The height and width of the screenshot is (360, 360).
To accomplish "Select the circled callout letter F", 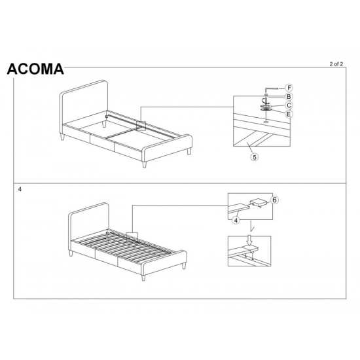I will [x=290, y=88].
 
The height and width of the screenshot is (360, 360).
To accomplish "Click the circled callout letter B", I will [x=289, y=96].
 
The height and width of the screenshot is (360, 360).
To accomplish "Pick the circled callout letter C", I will [x=289, y=105].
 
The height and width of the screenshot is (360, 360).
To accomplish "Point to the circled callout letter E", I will [x=289, y=113].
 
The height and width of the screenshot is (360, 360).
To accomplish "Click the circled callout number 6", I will [x=275, y=200].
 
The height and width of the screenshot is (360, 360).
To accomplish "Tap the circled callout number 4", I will [x=235, y=220].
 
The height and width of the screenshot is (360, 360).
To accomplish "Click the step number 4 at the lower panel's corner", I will [x=21, y=189].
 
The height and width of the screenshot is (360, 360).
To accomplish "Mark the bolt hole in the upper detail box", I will [x=266, y=122].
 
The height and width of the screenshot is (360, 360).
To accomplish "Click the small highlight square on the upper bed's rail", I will [x=141, y=124].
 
